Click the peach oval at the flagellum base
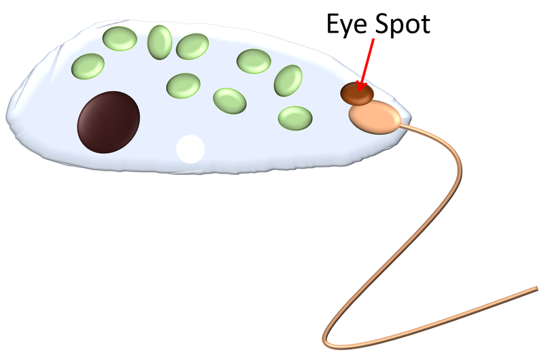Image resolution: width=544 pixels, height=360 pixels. click(x=375, y=116)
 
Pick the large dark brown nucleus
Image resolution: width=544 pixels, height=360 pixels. click(x=109, y=122)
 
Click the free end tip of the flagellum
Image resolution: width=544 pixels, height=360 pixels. click(x=537, y=289)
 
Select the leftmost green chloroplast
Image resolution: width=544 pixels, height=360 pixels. click(x=88, y=66)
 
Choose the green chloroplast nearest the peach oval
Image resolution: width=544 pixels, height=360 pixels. click(x=296, y=118)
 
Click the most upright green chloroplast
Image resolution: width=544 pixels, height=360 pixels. click(x=160, y=41)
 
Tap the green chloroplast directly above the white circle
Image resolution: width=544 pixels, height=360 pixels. click(x=183, y=86)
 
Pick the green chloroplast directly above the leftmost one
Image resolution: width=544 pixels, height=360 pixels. click(x=117, y=39)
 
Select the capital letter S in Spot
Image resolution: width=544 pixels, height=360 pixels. click(x=381, y=25)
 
